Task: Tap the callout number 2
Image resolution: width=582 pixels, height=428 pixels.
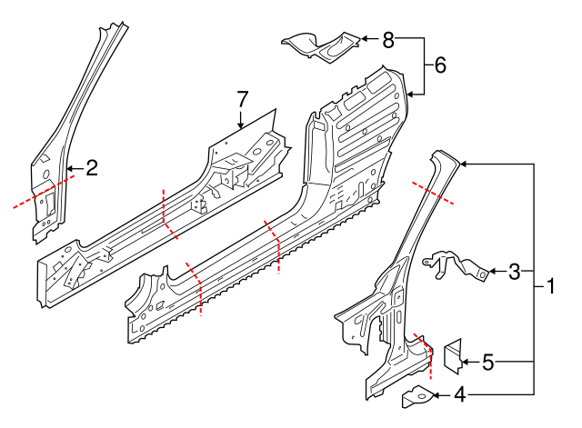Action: pos(91,167)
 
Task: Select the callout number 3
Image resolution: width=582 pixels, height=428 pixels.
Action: pos(515,271)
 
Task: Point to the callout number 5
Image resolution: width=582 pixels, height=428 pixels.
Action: pos(487,363)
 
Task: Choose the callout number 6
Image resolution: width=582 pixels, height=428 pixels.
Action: pos(440,65)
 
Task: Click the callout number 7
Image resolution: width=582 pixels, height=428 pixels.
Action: pos(242,98)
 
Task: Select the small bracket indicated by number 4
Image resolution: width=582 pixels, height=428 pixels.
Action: pos(419,395)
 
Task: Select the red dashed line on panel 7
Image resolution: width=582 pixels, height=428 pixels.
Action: pos(168,214)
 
